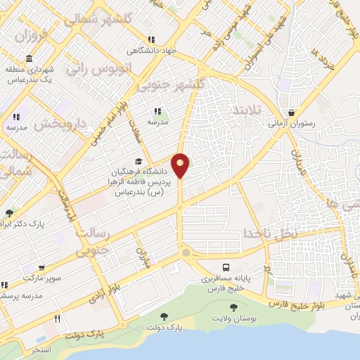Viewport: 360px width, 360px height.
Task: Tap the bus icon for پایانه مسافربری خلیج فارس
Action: [226, 268]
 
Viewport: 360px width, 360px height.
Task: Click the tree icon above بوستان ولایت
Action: [233, 307]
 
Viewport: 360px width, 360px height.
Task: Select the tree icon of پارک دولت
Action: [164, 316]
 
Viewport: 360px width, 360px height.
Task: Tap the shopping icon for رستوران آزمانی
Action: [291, 112]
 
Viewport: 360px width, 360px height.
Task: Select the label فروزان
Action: [32, 34]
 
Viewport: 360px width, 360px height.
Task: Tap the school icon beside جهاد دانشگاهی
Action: [151, 40]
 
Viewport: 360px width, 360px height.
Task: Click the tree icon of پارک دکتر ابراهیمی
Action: [8, 213]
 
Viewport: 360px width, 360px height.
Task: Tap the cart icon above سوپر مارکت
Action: [42, 268]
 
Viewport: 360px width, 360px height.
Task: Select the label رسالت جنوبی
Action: [94, 239]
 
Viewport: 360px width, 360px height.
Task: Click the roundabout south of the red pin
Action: [185, 252]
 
